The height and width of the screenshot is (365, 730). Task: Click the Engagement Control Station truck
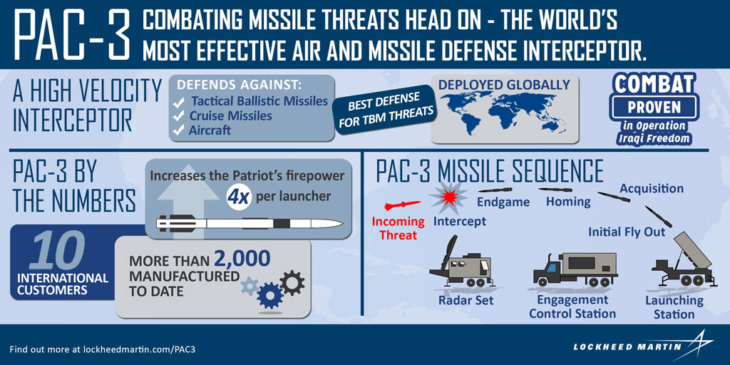point(575,269)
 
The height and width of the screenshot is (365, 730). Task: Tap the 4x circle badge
point(237,197)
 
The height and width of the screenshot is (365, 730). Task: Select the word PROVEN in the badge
point(653,108)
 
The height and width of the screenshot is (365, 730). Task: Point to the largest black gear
point(292,283)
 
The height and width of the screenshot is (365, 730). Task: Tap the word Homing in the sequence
point(567,202)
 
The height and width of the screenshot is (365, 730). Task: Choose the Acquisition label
point(651,189)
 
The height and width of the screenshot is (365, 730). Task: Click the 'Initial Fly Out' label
point(627,232)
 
